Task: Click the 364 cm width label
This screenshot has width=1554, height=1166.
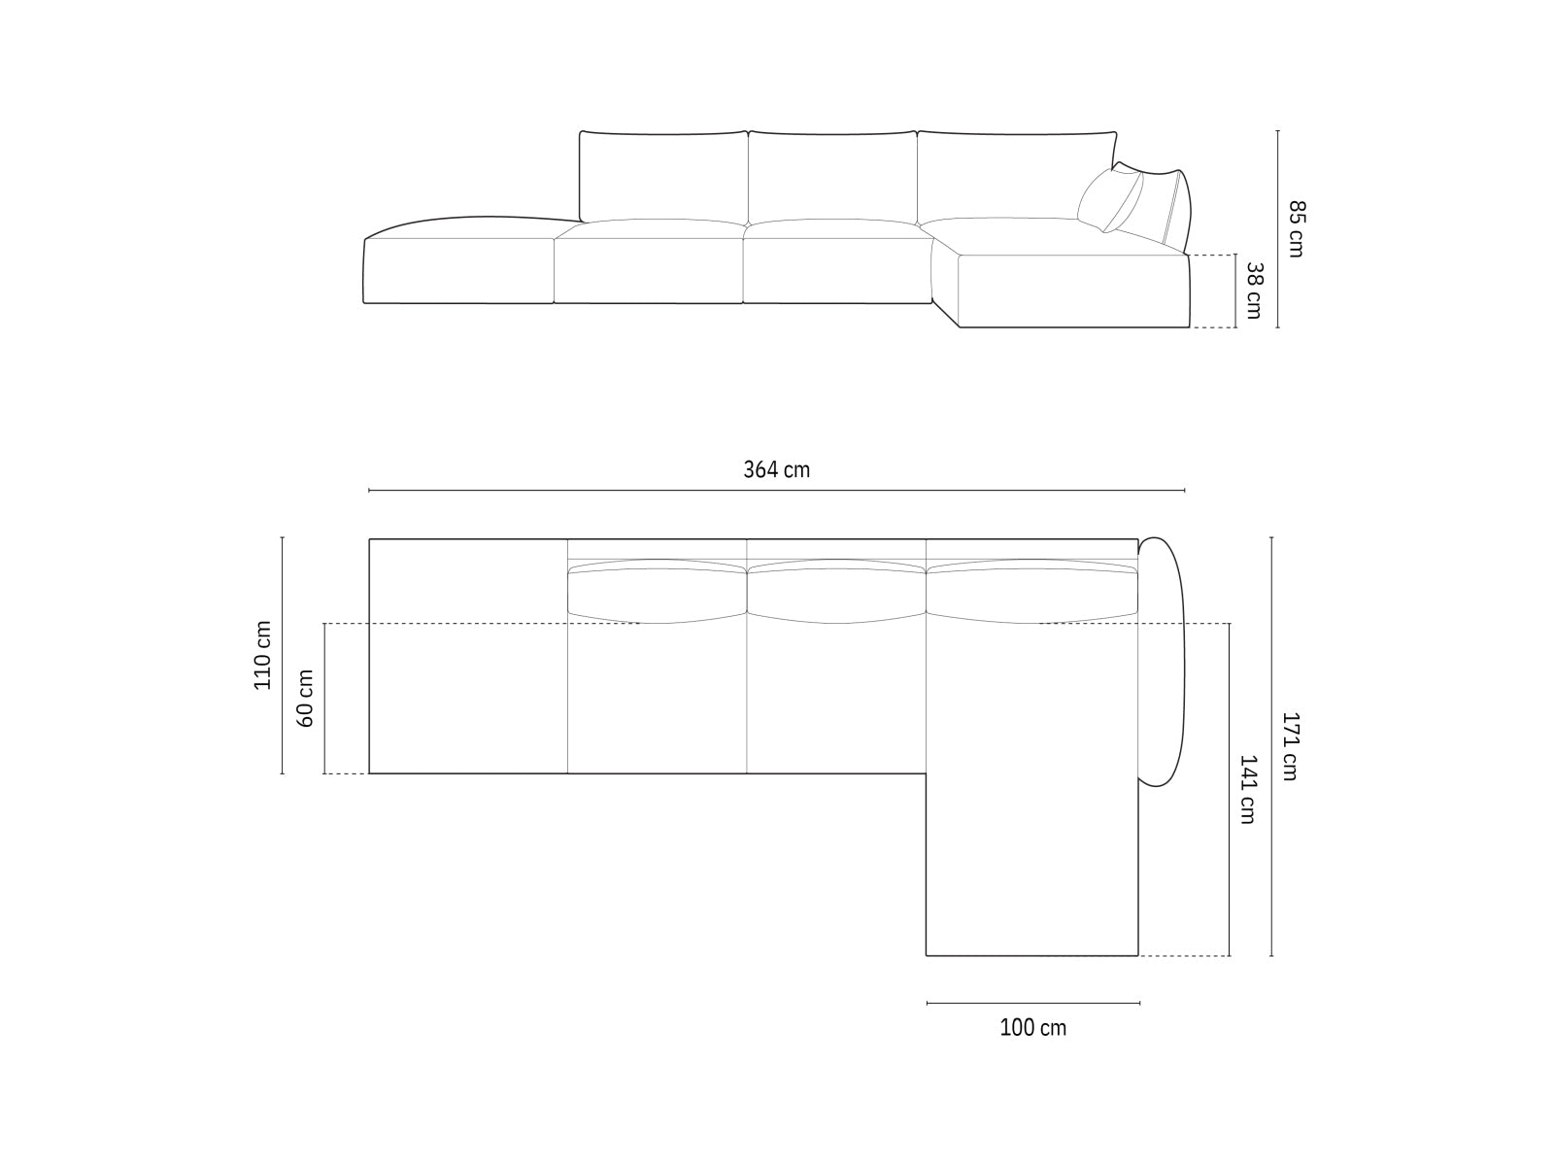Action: (x=776, y=470)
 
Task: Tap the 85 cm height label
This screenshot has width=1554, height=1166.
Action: (x=1297, y=228)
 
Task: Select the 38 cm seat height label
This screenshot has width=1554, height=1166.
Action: (x=1253, y=291)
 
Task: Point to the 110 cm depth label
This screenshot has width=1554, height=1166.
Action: (x=263, y=655)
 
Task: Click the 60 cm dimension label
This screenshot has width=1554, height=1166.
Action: (x=305, y=698)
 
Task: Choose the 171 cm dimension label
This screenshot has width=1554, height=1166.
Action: (x=1290, y=746)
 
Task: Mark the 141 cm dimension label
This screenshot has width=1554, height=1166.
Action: (x=1247, y=789)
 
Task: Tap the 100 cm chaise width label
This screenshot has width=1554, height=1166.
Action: (x=1032, y=1027)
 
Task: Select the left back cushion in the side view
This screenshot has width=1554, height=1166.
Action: (x=664, y=176)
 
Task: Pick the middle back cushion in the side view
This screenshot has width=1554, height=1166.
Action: (x=832, y=176)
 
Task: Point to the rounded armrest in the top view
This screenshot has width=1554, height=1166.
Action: (x=1163, y=661)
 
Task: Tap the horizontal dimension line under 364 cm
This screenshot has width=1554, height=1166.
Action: (x=776, y=491)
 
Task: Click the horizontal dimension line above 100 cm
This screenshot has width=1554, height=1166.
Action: (x=1032, y=1002)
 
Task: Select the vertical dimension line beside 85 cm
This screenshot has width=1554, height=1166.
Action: (x=1277, y=228)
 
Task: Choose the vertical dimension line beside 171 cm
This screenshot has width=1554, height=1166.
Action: (x=1271, y=746)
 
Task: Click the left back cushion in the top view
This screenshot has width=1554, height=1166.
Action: (x=657, y=591)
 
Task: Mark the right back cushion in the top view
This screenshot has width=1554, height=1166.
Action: (x=1031, y=591)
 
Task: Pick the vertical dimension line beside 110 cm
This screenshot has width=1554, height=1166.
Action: (x=282, y=655)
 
